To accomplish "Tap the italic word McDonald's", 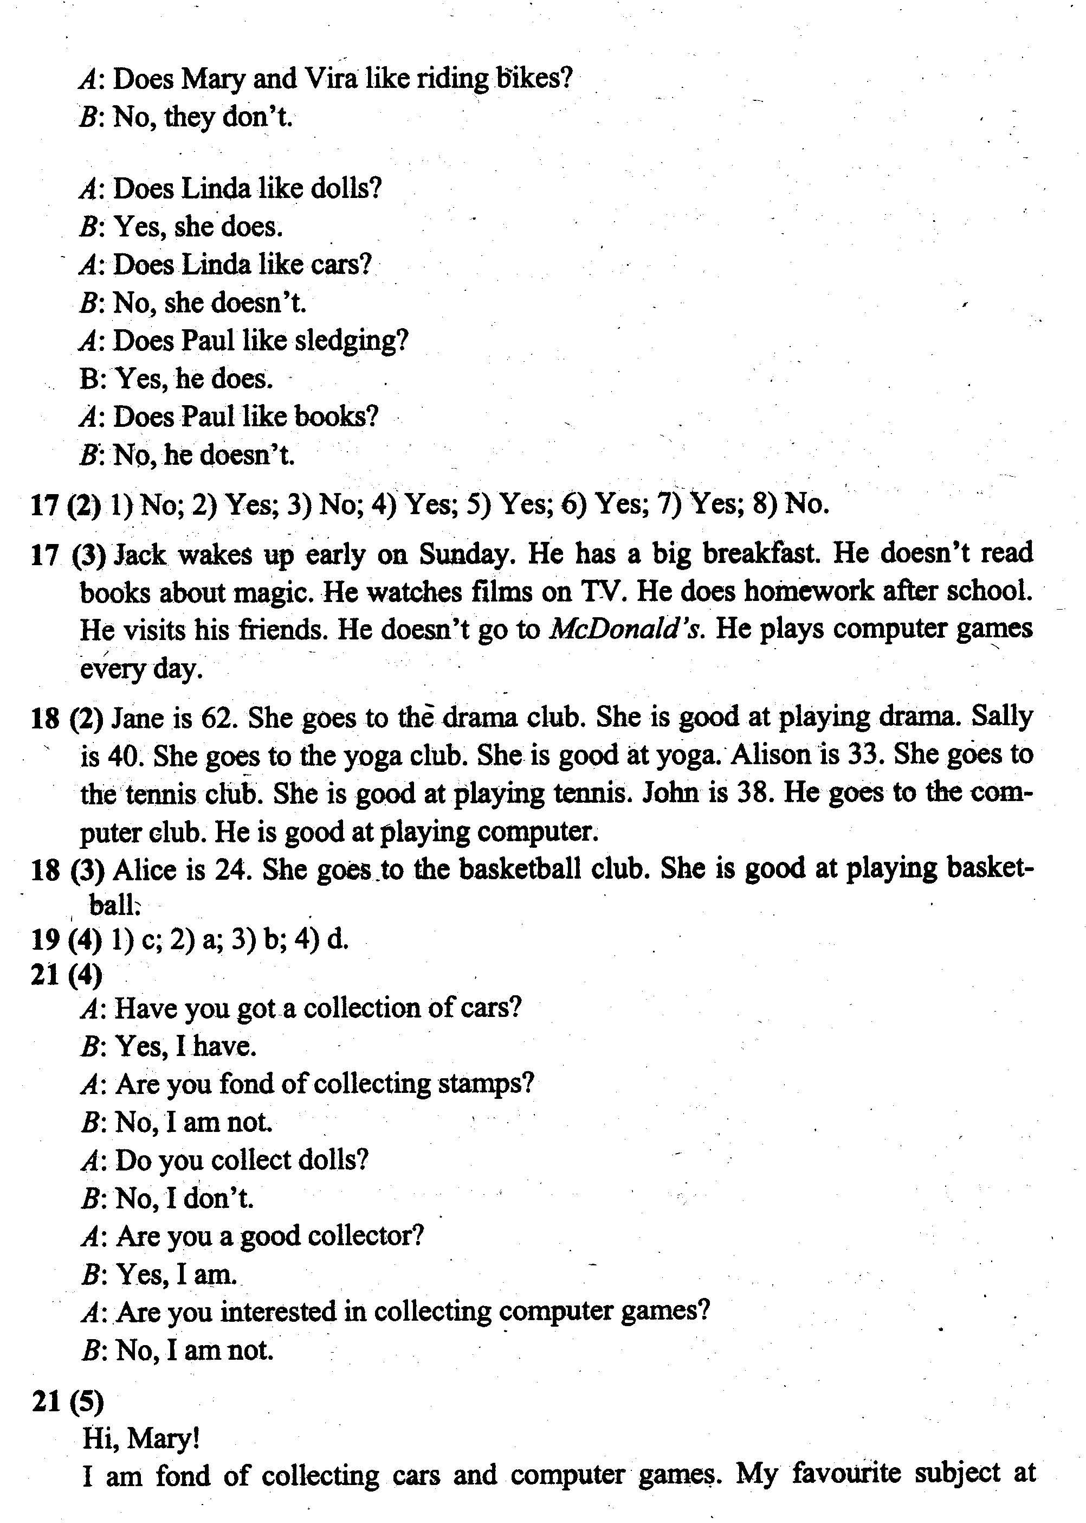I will (626, 630).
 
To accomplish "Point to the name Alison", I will (772, 756).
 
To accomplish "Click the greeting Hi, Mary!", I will (140, 1437).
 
